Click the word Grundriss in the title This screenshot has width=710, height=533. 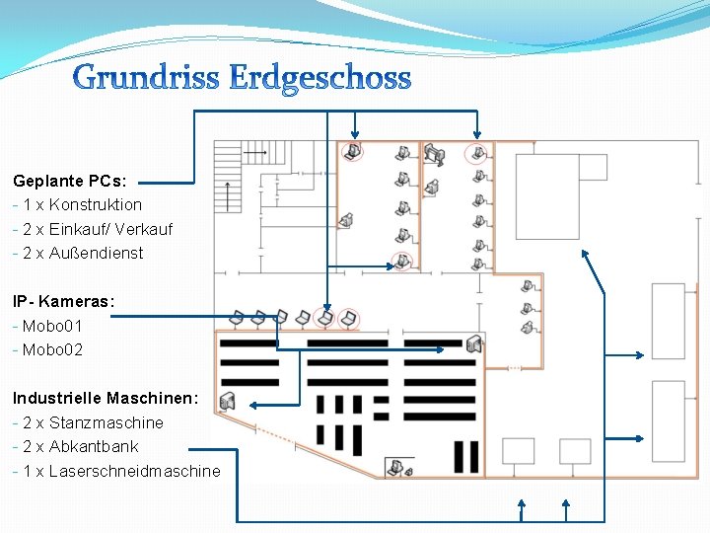click(146, 77)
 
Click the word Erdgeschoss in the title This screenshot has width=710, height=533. click(319, 77)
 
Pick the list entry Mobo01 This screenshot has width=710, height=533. click(52, 326)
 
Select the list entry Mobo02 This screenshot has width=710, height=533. click(52, 349)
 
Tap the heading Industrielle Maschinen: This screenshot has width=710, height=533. click(106, 398)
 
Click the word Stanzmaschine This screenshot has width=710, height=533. click(106, 422)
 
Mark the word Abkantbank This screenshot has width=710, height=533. click(94, 446)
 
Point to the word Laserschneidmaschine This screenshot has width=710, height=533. click(135, 471)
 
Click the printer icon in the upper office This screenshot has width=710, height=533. click(435, 152)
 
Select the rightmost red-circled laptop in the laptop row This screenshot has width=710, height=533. click(348, 318)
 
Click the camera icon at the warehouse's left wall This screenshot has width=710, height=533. click(228, 401)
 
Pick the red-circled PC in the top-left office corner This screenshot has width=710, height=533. click(351, 151)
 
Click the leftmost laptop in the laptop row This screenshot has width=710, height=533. click(237, 319)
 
